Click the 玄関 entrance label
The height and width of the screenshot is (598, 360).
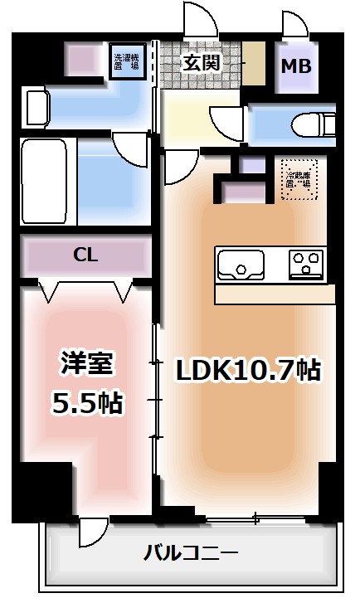point(202,62)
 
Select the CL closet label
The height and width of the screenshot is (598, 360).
point(85,255)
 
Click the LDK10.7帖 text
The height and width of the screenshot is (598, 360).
point(247,369)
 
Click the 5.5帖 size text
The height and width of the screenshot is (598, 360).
point(88,403)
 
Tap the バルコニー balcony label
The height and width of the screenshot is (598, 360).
point(192,552)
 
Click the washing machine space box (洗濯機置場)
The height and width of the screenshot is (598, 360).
point(129,60)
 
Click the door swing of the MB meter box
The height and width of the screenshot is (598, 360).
point(296,22)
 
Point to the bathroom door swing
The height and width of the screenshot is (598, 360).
point(131,150)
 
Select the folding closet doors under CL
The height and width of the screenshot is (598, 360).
point(85,291)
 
